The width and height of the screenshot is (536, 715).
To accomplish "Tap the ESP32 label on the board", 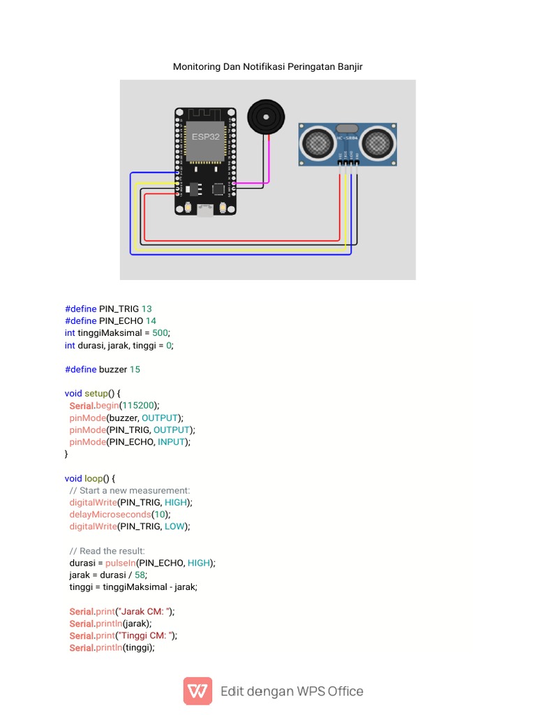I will pyautogui.click(x=206, y=137).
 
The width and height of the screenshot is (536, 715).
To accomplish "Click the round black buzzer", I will pyautogui.click(x=267, y=116).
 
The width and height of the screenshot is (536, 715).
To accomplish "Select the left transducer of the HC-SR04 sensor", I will pyautogui.click(x=316, y=143).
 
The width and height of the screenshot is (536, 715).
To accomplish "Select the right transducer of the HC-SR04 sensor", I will pyautogui.click(x=378, y=143).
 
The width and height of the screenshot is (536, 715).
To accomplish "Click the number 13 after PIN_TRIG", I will pyautogui.click(x=147, y=309).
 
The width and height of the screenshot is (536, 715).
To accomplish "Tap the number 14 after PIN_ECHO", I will pyautogui.click(x=151, y=321).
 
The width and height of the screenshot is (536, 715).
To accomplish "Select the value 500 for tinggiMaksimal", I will pyautogui.click(x=161, y=333).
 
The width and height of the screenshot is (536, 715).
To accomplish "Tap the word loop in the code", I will pyautogui.click(x=94, y=478).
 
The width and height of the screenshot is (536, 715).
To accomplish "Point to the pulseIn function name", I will pyautogui.click(x=120, y=563).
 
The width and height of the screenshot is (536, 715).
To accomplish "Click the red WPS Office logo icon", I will pyautogui.click(x=198, y=691).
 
